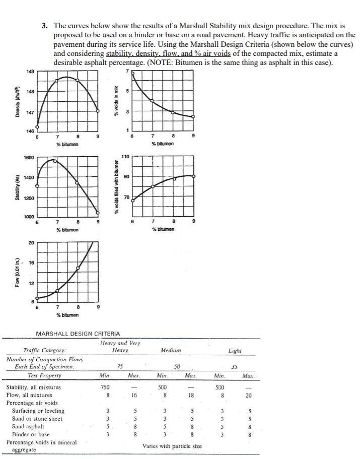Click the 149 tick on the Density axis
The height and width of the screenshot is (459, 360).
30,72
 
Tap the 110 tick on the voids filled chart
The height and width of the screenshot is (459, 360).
125,157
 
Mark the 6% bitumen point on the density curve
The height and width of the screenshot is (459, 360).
36,127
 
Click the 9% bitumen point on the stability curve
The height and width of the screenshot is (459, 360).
98,214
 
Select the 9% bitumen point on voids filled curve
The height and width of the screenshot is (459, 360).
193,176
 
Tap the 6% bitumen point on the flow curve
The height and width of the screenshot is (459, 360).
36,299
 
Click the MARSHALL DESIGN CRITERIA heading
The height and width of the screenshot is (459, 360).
78,334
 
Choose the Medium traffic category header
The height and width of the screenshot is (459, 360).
171,350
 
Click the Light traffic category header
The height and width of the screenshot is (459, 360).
235,350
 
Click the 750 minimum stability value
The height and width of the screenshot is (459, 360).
104,387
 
